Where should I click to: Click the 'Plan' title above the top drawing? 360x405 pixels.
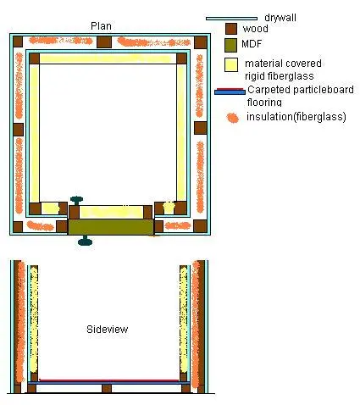pyautogui.click(x=101, y=26)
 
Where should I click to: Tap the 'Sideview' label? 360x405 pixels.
pyautogui.click(x=107, y=329)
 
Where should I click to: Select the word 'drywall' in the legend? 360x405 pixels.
pyautogui.click(x=280, y=18)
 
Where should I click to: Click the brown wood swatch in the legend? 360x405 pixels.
pyautogui.click(x=231, y=29)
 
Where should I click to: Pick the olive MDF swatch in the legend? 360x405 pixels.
pyautogui.click(x=230, y=45)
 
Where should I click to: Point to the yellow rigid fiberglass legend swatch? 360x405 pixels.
pyautogui.click(x=231, y=64)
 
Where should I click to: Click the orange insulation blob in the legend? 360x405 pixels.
pyautogui.click(x=233, y=118)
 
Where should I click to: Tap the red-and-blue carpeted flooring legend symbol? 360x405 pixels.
pyautogui.click(x=230, y=92)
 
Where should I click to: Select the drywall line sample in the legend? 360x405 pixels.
pyautogui.click(x=231, y=19)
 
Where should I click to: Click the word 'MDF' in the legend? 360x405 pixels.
pyautogui.click(x=252, y=44)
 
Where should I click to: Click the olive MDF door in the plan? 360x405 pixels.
pyautogui.click(x=111, y=227)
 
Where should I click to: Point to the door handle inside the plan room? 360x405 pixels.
pyautogui.click(x=76, y=201)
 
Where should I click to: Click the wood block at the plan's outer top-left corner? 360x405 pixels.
pyautogui.click(x=18, y=42)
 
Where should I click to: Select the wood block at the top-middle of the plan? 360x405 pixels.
pyautogui.click(x=104, y=42)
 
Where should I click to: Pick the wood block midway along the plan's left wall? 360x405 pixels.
pyautogui.click(x=18, y=130)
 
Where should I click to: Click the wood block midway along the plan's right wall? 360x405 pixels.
pyautogui.click(x=201, y=128)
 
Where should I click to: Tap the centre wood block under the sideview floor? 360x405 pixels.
pyautogui.click(x=107, y=388)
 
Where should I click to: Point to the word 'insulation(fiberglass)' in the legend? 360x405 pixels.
pyautogui.click(x=296, y=117)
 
